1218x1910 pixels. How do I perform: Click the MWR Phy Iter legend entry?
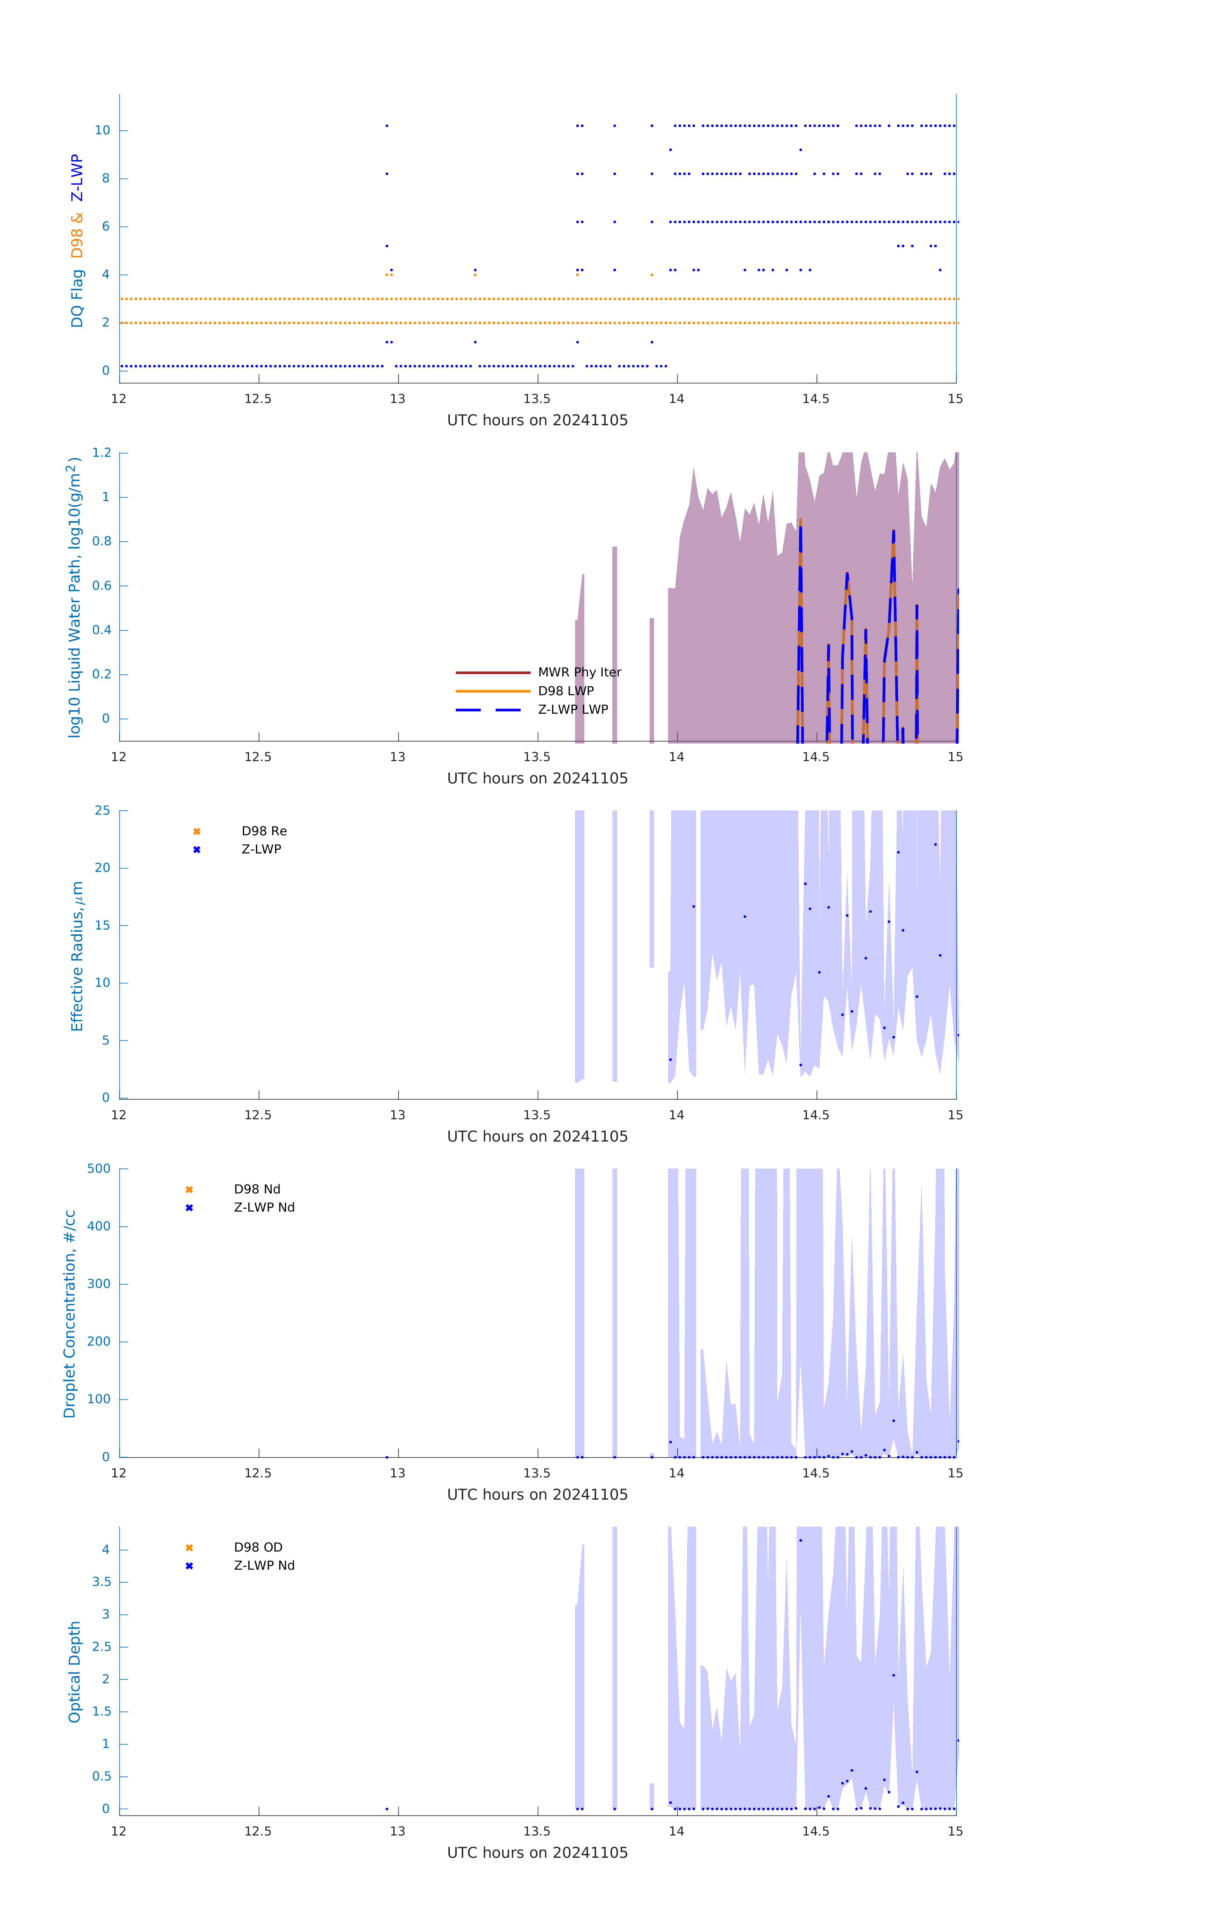[579, 672]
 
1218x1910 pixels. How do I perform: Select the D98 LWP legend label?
[566, 691]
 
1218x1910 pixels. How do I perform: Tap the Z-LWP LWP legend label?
[573, 709]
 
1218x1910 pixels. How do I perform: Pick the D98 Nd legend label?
[257, 1189]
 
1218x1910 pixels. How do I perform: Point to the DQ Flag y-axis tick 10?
[102, 130]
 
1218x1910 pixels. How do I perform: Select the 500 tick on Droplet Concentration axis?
[99, 1168]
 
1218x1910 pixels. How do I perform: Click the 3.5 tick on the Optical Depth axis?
[102, 1581]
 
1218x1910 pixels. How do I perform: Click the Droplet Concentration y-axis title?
[70, 1313]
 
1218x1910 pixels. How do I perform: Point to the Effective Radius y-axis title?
[77, 956]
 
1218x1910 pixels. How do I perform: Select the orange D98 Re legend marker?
[197, 831]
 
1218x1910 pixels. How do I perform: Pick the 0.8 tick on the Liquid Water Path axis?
[102, 541]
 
